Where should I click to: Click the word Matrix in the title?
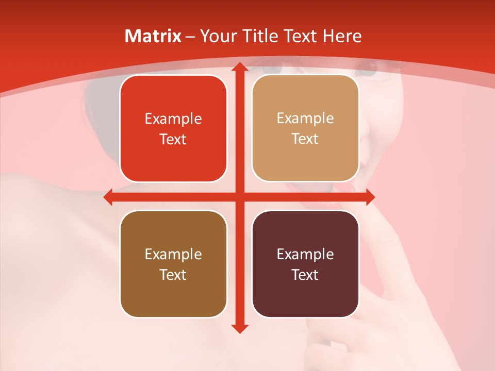(x=153, y=36)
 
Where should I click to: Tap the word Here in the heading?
(x=342, y=36)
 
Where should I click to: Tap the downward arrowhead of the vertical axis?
(x=239, y=328)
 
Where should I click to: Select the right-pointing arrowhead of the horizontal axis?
(x=370, y=197)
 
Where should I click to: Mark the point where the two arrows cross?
(x=239, y=197)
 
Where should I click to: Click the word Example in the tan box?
(x=305, y=119)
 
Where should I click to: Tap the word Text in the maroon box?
(x=305, y=275)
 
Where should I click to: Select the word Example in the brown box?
(x=173, y=254)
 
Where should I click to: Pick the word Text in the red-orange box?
(x=173, y=139)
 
